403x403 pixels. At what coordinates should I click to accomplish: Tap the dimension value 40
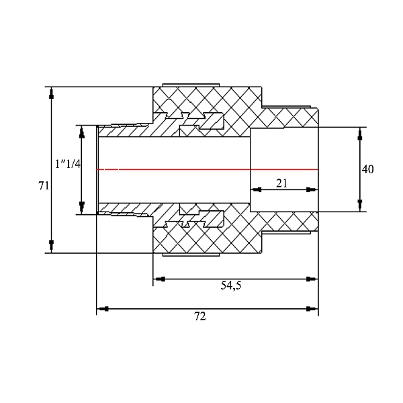367,169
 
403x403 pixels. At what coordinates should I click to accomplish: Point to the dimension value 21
282,183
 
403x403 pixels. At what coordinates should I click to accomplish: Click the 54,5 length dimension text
230,286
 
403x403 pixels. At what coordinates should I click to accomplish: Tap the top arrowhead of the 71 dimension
51,94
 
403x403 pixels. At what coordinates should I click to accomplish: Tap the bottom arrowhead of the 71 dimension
51,244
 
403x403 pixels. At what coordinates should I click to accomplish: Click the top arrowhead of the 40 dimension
360,134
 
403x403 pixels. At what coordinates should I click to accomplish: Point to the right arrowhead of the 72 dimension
310,309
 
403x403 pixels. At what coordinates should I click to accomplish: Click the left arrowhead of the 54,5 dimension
161,279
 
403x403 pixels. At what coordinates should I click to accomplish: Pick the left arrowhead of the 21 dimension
257,190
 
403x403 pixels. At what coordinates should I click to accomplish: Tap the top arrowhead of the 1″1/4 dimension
81,132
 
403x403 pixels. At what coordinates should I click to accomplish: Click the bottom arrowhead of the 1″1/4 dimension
81,206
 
